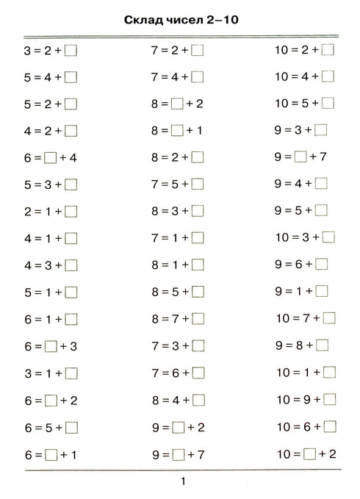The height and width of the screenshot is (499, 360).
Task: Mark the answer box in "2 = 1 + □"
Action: (71, 211)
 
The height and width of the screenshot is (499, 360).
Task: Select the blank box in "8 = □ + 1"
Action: (176, 131)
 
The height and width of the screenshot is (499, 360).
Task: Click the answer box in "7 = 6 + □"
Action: (198, 373)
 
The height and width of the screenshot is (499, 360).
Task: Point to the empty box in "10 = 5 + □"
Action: (328, 104)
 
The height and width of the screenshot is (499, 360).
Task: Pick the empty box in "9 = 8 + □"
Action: (321, 345)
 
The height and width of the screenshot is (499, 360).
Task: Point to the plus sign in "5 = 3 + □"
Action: (57, 184)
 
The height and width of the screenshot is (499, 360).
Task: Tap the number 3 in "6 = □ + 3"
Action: (73, 346)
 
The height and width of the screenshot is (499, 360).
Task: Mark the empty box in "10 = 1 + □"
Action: (328, 373)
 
